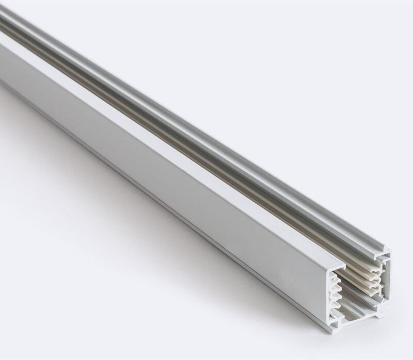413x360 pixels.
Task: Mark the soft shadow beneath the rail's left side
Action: click(x=77, y=155)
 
